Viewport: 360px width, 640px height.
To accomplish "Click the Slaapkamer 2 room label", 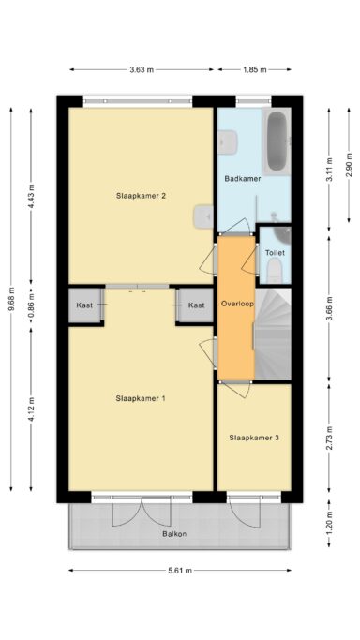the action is click(141, 196).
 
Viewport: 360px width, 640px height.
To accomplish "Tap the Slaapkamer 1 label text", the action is click(141, 398).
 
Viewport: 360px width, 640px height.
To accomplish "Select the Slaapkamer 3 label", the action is click(254, 438).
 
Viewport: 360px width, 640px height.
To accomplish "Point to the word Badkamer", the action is click(243, 179).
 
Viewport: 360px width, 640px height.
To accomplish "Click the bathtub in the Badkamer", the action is click(277, 141).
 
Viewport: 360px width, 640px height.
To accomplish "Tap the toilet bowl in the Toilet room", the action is click(275, 272).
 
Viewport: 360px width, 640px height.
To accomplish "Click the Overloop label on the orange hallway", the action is click(237, 305).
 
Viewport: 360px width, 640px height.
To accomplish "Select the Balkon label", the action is click(174, 533).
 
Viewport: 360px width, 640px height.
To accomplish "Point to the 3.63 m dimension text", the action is click(142, 69).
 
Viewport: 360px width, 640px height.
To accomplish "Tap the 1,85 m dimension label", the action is click(255, 69).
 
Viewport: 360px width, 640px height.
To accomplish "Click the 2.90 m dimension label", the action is click(349, 165).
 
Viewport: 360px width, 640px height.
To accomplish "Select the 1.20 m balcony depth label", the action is click(329, 523).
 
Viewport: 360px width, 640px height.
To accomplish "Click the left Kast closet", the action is click(84, 305).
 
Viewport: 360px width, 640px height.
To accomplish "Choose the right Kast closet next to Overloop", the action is click(196, 305).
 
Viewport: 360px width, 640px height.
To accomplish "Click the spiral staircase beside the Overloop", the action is click(273, 334).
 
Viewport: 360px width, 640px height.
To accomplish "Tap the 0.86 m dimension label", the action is click(32, 306).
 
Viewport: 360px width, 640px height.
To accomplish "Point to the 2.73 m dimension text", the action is click(329, 438).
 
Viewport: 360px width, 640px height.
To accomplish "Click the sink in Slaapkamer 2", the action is click(203, 216).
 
